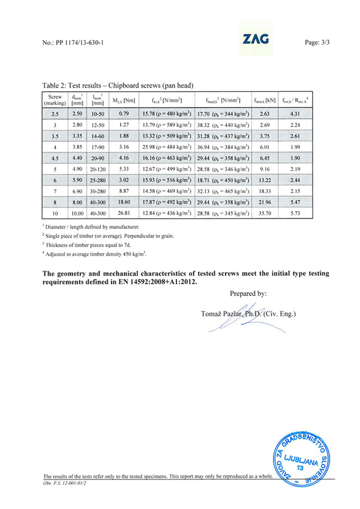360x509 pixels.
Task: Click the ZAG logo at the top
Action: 256,40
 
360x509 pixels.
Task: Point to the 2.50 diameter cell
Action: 77,113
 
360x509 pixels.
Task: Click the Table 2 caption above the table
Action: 118,86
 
